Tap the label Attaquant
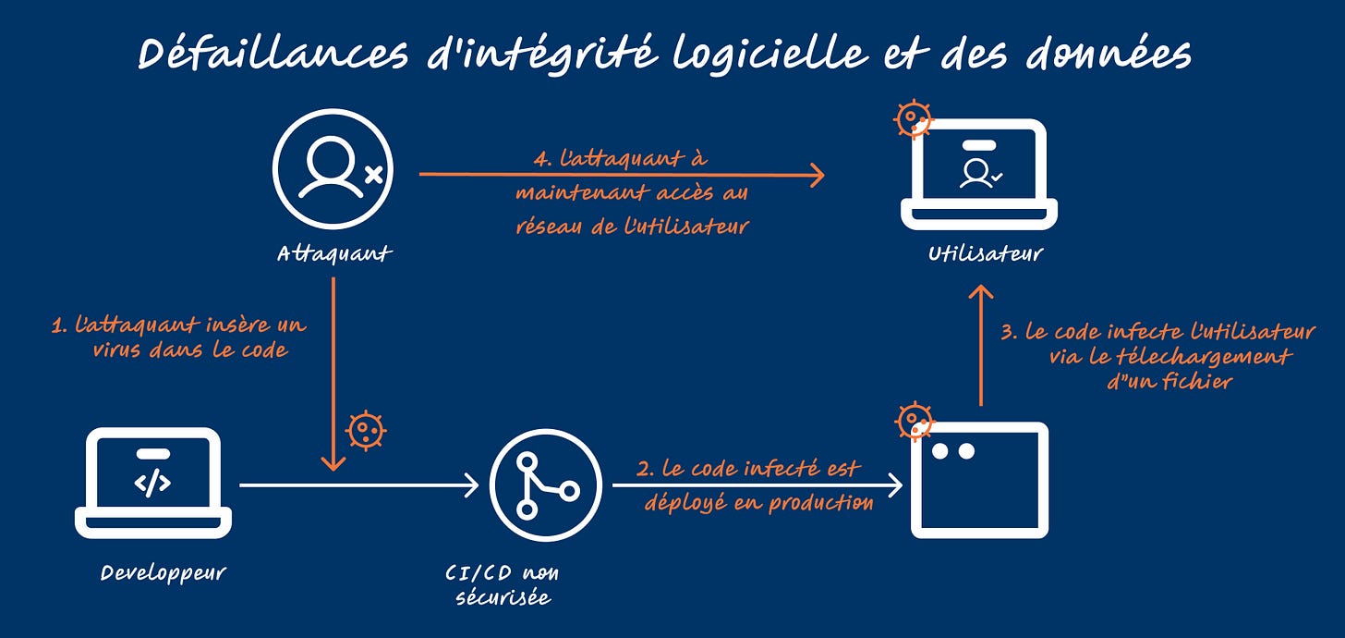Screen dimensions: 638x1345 tap(333, 253)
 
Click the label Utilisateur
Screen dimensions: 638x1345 tap(985, 253)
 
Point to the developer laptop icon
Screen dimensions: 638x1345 tap(152, 482)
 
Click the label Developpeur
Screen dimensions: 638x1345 tap(163, 573)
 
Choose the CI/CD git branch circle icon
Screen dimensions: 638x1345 tap(546, 484)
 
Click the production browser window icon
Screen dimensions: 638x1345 tap(979, 480)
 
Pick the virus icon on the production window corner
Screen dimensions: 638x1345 tap(914, 422)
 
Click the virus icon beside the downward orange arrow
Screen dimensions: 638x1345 tap(366, 430)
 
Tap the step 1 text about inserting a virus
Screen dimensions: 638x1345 tap(178, 337)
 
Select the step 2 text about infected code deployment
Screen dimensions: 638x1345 tap(754, 485)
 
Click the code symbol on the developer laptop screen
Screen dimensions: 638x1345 tap(152, 483)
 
